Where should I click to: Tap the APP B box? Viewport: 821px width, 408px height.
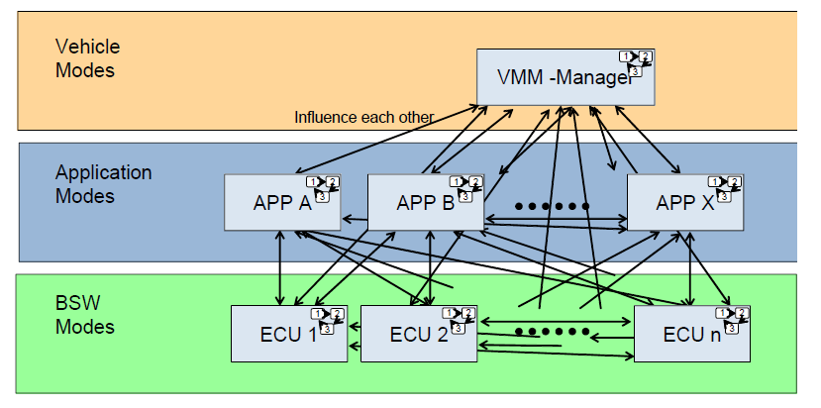click(x=424, y=203)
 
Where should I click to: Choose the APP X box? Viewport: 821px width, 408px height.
click(x=684, y=203)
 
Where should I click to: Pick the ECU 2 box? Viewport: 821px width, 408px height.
click(x=416, y=334)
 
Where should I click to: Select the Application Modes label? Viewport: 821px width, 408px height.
click(x=103, y=183)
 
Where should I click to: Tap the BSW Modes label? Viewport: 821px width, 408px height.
click(x=84, y=315)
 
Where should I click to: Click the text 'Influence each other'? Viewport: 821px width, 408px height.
click(x=363, y=117)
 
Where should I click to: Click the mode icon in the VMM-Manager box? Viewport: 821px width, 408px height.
click(x=635, y=61)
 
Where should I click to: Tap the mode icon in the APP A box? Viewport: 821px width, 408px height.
click(x=323, y=188)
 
